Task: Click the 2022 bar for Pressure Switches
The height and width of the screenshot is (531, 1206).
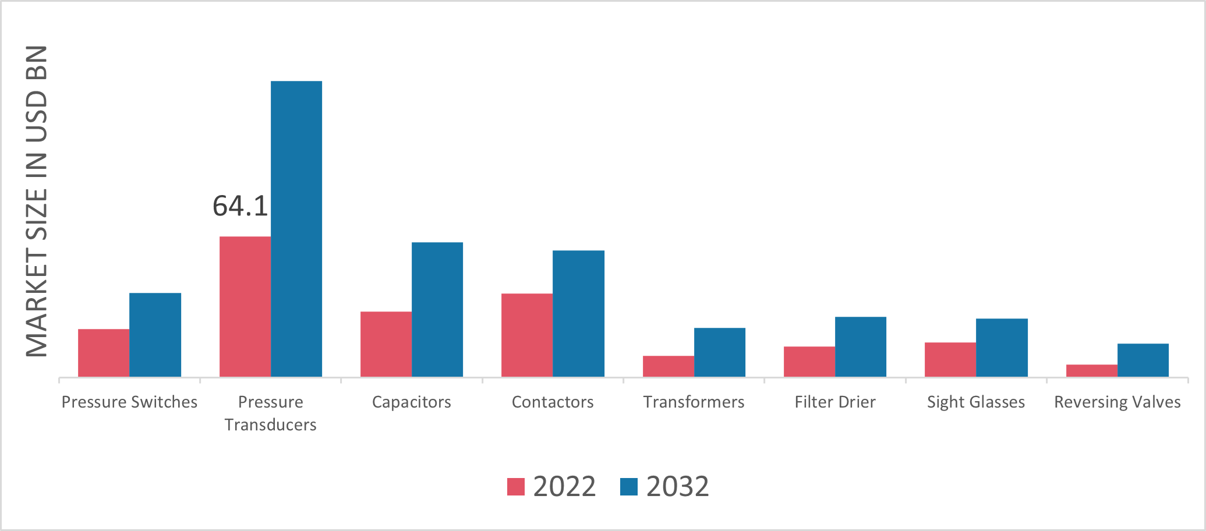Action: [104, 353]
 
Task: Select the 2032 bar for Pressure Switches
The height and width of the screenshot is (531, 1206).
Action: [155, 335]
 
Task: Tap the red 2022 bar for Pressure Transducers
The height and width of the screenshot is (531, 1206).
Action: [245, 307]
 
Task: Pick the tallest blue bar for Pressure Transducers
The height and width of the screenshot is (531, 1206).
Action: [296, 229]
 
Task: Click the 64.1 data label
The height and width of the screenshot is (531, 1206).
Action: [240, 206]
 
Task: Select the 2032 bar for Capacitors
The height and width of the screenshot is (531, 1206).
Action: [437, 310]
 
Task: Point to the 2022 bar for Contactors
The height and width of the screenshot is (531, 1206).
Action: [527, 335]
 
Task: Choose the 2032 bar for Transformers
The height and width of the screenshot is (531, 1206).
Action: [720, 352]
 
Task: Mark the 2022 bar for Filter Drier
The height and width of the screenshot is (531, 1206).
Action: [809, 362]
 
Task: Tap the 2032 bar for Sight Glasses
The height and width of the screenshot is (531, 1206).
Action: [1002, 348]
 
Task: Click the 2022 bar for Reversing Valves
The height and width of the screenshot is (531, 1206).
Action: [1092, 370]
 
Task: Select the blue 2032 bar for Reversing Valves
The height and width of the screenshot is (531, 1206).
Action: [1143, 360]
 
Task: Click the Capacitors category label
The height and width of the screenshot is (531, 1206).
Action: [412, 402]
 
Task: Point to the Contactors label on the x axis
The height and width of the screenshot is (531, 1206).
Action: [553, 402]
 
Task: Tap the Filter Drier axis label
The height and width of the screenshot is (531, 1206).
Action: [835, 402]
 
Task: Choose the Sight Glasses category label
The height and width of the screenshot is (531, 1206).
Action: [976, 402]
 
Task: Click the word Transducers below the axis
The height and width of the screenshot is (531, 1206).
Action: [271, 425]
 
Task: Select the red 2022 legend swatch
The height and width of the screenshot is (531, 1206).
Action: [516, 487]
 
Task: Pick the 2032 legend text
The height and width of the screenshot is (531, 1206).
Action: [677, 487]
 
